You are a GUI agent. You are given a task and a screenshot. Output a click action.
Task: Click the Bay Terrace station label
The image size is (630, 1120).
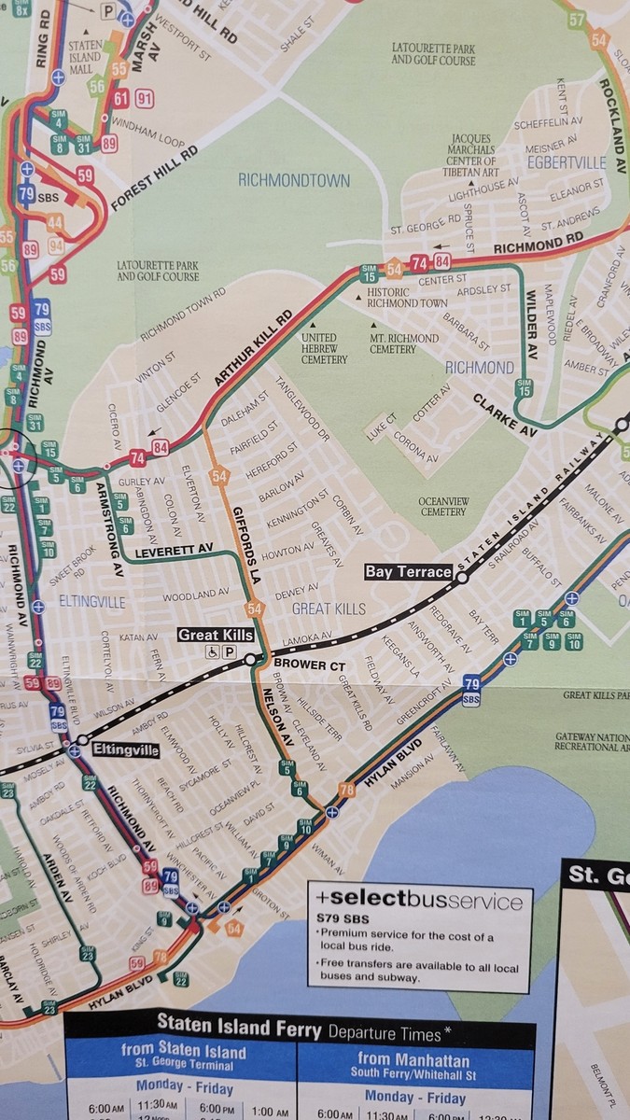[409, 571]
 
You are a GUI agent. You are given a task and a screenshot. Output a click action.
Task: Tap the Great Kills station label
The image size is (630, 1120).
[216, 636]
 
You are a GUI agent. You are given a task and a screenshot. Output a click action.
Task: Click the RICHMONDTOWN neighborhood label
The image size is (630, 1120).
[293, 180]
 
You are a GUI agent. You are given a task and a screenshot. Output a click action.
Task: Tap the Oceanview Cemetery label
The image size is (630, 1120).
[442, 505]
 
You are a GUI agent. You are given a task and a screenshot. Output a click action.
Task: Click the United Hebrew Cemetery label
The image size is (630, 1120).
[324, 348]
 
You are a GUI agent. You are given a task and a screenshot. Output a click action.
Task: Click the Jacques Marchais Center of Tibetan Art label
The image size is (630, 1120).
[464, 155]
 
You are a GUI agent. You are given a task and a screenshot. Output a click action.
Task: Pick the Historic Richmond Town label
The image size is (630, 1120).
[407, 298]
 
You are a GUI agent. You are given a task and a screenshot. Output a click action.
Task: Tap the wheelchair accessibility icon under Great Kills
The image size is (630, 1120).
[213, 652]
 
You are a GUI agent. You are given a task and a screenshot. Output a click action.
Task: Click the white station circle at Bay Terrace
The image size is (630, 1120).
[461, 579]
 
